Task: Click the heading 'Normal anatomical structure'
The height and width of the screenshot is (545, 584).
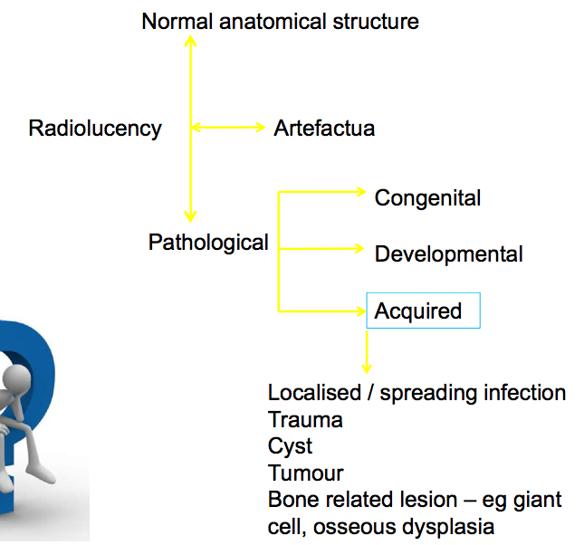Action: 280,21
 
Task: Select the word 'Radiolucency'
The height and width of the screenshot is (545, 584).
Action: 95,129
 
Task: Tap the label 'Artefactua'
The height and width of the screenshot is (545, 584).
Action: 324,129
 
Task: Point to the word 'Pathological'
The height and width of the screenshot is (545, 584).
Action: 208,243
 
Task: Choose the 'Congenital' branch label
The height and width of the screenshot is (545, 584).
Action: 427,197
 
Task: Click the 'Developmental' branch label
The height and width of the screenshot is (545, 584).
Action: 448,253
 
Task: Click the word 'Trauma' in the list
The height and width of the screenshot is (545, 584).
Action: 305,420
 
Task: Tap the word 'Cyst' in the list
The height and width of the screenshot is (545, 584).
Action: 290,446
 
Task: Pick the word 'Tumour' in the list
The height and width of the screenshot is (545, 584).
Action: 305,473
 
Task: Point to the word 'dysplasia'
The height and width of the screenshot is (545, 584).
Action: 450,526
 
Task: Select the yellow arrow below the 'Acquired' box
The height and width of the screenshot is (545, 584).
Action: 367,352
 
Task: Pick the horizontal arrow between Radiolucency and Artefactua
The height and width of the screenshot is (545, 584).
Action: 226,129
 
